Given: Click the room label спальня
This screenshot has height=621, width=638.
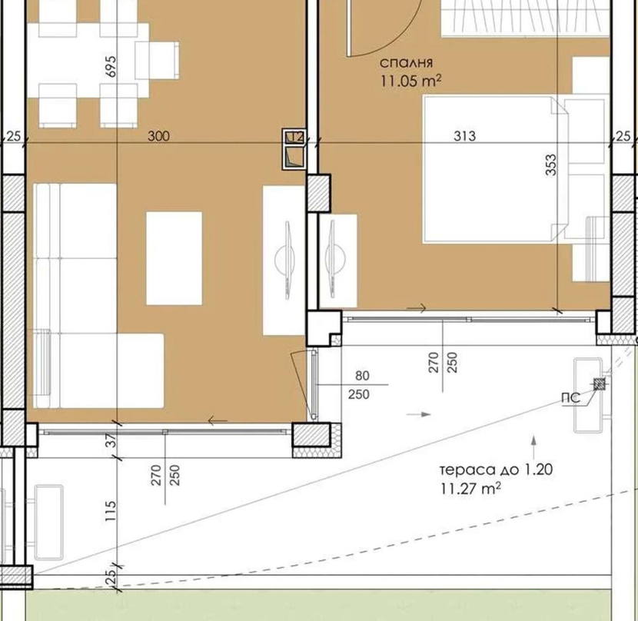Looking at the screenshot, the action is (406, 63).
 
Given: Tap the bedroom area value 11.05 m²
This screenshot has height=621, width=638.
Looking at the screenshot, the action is (411, 80).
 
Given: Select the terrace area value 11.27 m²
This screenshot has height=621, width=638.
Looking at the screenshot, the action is (470, 488).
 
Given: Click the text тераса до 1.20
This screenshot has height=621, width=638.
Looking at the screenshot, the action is (497, 470).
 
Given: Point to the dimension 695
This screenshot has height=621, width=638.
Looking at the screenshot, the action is (111, 66).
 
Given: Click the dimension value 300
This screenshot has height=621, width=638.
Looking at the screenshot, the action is (158, 136).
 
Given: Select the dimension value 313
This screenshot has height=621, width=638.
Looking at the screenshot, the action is (464, 136).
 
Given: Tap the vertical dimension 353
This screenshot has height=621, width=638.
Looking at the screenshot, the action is (550, 164).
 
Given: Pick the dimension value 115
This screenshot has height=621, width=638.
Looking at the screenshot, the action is (111, 511).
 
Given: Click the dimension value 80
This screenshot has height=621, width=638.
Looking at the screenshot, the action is (362, 376).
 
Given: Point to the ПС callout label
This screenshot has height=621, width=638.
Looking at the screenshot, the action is (570, 397).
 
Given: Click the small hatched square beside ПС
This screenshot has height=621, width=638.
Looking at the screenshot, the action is (599, 384).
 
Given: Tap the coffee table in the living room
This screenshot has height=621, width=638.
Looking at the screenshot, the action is (174, 258).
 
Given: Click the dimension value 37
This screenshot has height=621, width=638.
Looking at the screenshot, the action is (111, 440).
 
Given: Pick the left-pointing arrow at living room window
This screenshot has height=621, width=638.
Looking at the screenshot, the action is (218, 420).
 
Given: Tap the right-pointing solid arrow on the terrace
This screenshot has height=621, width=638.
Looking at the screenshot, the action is (419, 414).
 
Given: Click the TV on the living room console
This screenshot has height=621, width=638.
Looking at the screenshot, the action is (288, 261).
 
